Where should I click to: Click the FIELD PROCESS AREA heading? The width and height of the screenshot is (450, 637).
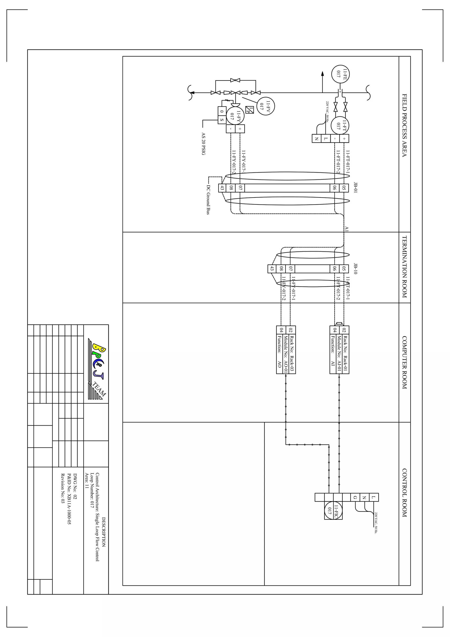pos(405,125)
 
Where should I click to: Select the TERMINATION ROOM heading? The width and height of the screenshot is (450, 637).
pos(405,267)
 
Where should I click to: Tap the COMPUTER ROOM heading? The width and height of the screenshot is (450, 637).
pos(405,362)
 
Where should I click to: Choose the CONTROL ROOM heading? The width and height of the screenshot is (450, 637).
pos(405,493)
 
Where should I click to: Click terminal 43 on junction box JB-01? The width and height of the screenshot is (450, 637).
pos(222,188)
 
